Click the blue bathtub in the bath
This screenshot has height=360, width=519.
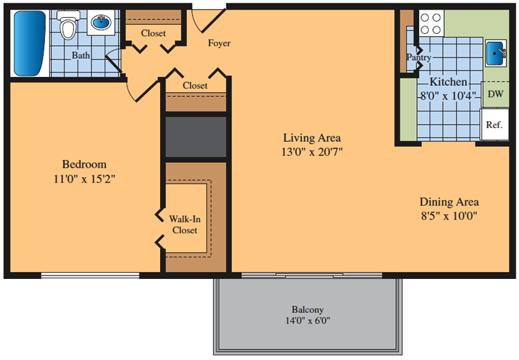pyautogui.click(x=30, y=43)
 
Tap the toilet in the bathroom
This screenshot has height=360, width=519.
pyautogui.click(x=69, y=25)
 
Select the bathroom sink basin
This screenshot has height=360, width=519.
pyautogui.click(x=101, y=22)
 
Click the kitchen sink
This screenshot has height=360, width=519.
pyautogui.click(x=496, y=53)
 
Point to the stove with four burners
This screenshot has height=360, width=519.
pyautogui.click(x=431, y=23)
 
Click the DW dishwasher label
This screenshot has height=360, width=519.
pyautogui.click(x=495, y=94)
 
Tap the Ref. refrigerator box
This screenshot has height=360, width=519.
pyautogui.click(x=495, y=125)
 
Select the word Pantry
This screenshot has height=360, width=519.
pyautogui.click(x=419, y=57)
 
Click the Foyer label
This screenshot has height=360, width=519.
pyautogui.click(x=219, y=43)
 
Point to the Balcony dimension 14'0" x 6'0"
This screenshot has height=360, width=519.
pyautogui.click(x=308, y=321)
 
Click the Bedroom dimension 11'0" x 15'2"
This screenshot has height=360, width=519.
pyautogui.click(x=85, y=179)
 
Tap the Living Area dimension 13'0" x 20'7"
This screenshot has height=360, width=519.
pyautogui.click(x=312, y=152)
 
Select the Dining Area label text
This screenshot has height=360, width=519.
pyautogui.click(x=449, y=201)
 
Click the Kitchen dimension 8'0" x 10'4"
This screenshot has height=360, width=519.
pyautogui.click(x=448, y=96)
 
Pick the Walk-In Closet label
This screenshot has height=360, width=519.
pyautogui.click(x=185, y=224)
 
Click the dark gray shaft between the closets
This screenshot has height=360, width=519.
pyautogui.click(x=195, y=137)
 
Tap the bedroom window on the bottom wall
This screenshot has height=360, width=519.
pyautogui.click(x=90, y=276)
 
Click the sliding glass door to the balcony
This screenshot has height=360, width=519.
pyautogui.click(x=311, y=276)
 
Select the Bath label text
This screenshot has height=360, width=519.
pyautogui.click(x=81, y=55)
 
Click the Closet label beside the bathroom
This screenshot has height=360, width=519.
pyautogui.click(x=153, y=33)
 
